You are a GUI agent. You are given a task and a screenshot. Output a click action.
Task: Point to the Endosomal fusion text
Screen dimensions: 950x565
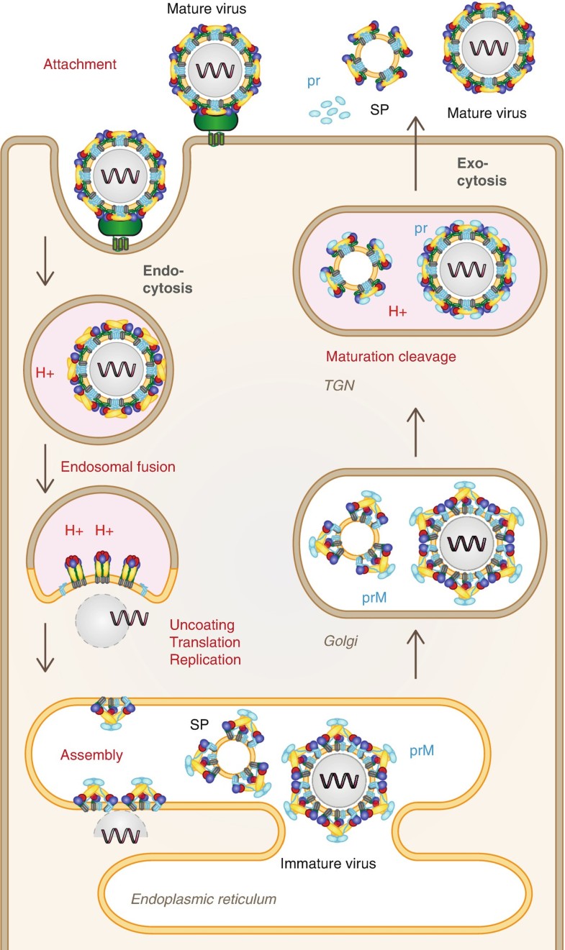(118, 467)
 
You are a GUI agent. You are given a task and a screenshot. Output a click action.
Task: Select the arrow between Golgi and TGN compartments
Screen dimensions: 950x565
(415, 431)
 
